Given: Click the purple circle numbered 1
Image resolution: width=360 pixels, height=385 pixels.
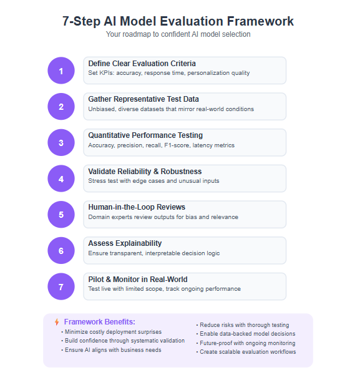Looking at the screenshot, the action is [x=61, y=71].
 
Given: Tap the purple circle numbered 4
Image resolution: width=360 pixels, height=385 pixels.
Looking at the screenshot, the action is [x=61, y=178].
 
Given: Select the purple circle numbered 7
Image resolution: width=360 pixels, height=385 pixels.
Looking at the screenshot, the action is [x=61, y=286].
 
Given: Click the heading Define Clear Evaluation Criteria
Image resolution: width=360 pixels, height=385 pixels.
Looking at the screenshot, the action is [x=142, y=64].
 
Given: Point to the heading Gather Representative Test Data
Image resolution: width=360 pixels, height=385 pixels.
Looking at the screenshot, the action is [x=144, y=99].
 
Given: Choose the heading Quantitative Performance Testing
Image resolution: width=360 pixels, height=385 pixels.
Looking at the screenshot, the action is [x=145, y=135].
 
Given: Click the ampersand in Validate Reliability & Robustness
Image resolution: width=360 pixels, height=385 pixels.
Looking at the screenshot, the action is [x=156, y=172].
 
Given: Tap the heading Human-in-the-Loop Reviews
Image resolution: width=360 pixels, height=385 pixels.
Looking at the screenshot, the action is [x=137, y=207].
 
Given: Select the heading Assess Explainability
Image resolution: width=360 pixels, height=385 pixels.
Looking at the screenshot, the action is [x=125, y=243].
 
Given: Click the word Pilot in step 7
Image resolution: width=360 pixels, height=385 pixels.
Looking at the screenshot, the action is [x=96, y=280].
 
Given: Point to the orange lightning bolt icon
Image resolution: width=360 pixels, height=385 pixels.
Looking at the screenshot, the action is [x=57, y=322].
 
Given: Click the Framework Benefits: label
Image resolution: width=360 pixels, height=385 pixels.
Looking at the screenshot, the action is [x=99, y=322].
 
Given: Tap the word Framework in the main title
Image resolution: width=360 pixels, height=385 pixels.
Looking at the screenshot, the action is [x=260, y=21].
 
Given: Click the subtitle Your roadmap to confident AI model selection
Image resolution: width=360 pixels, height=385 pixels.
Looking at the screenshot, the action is [x=178, y=34].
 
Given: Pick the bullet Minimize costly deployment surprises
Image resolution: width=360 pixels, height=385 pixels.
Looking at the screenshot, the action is [x=112, y=332].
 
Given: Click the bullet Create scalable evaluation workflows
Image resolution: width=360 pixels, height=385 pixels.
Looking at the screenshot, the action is [x=246, y=352].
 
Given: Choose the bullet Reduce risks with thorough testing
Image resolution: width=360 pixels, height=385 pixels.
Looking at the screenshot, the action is [x=243, y=325].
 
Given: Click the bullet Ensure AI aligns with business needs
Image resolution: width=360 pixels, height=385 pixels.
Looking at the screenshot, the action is [x=111, y=350].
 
